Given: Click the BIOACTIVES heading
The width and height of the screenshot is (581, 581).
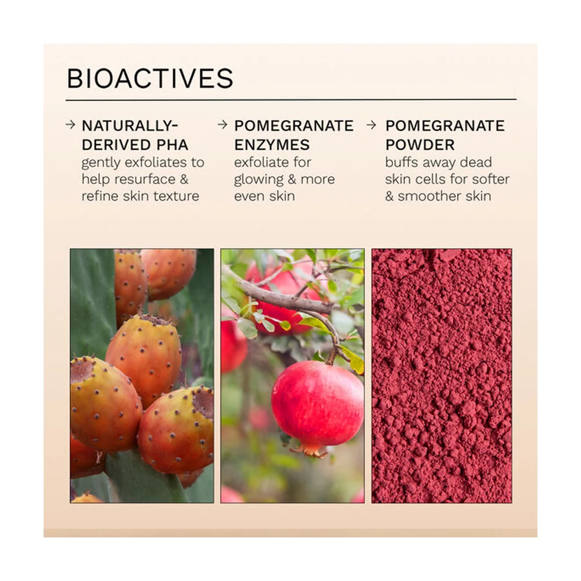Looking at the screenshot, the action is (150, 78).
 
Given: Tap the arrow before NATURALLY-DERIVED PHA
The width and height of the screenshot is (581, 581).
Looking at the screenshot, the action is (70, 125).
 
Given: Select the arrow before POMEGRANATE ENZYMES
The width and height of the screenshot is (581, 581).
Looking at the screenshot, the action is (223, 125).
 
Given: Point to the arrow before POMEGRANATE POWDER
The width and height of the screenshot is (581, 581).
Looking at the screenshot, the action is (371, 125).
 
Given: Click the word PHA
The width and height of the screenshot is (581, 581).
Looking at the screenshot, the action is (173, 145).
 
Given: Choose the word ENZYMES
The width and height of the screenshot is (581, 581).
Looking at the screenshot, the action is (272, 145).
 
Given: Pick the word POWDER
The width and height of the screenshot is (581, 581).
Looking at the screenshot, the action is (420, 145).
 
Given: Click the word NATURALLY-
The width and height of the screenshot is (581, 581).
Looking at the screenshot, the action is (130, 125).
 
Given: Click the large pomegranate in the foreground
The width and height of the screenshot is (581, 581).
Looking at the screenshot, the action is (318, 403).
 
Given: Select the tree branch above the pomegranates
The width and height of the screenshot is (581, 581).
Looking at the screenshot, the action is (282, 293).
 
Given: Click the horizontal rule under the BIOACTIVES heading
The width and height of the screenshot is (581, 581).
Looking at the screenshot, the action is (291, 100).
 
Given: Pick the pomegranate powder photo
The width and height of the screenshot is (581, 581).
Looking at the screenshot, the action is (442, 376).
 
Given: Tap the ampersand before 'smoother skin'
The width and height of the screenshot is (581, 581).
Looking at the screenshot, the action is (389, 196).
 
